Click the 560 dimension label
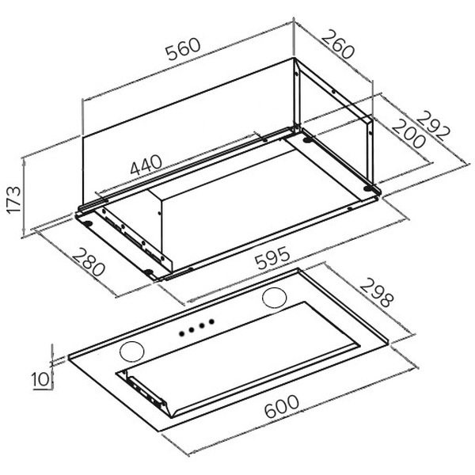184,48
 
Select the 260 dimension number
337,44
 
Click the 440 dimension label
146,165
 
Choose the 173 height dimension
14,200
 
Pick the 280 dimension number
88,262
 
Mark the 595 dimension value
272,258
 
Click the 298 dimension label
377,293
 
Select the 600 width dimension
281,406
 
